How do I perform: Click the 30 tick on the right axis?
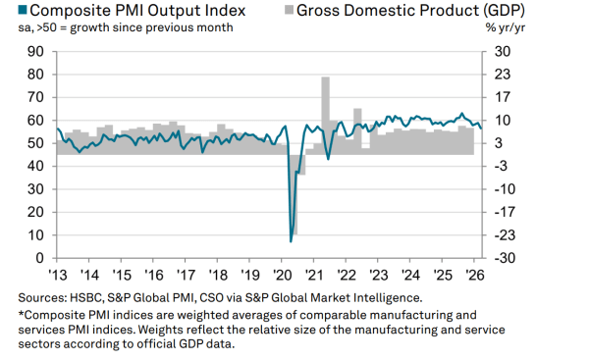point(500,51)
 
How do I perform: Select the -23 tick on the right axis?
point(502,235)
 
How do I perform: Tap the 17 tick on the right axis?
point(499,97)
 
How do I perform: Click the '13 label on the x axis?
point(57,275)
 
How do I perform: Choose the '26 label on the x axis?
point(473,275)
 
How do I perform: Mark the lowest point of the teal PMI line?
point(291,240)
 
